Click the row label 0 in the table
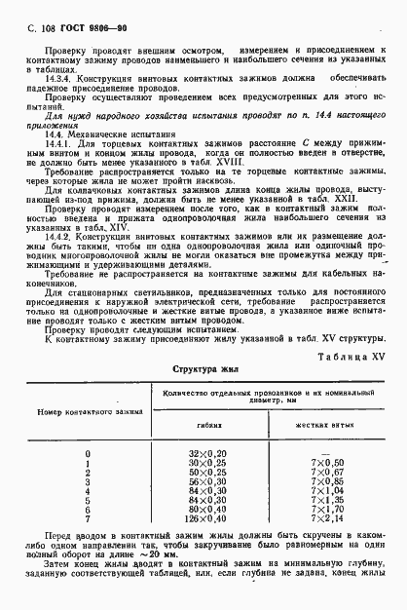point(88,454)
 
